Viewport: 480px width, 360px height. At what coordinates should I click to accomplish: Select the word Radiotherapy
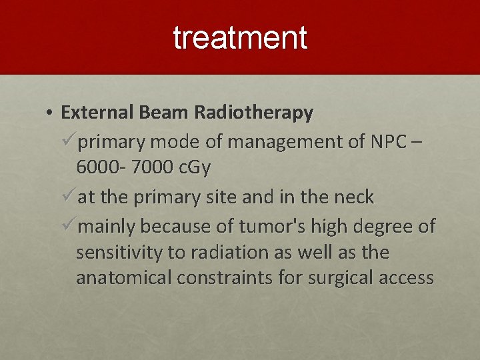tap(253, 113)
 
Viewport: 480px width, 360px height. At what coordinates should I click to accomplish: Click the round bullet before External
tap(50, 113)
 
